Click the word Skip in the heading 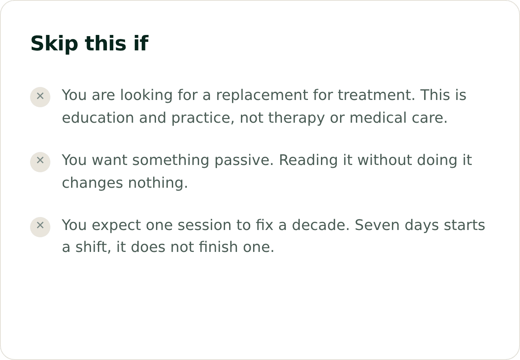point(54,43)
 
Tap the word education point(98,117)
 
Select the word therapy point(297,118)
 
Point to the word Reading point(308,160)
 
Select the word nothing point(158,183)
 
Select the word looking point(146,95)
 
